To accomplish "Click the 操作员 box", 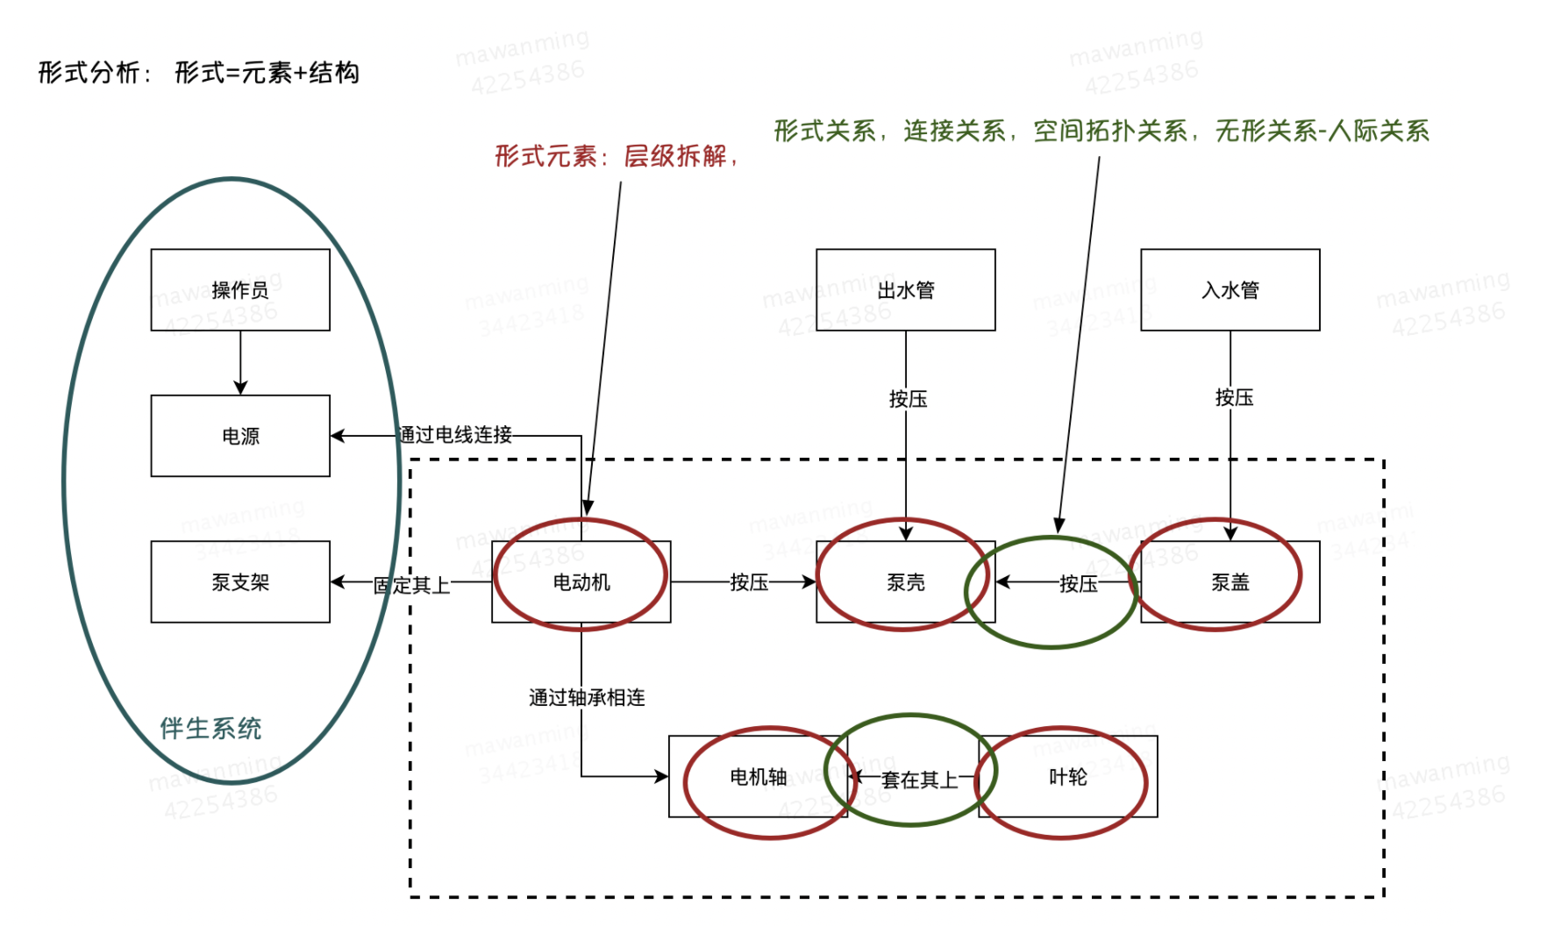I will [x=240, y=290].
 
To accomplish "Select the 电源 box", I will [x=240, y=436].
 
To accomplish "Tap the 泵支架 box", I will [x=240, y=582].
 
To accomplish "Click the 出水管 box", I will [x=906, y=290].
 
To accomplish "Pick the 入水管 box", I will [x=1230, y=290].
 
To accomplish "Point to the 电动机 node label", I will [x=581, y=582].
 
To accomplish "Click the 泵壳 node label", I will [x=906, y=582].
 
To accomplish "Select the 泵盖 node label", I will [x=1230, y=582].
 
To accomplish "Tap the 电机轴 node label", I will [x=759, y=777].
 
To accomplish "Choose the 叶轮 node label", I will [x=1068, y=777].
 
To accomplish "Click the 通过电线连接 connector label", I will [x=455, y=435].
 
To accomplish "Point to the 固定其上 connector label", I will [x=411, y=585].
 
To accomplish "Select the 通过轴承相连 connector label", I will [x=587, y=698].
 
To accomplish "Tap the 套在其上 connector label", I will [x=919, y=780].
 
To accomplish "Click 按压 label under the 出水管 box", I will [x=908, y=400].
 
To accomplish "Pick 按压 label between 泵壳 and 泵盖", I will [x=1078, y=584].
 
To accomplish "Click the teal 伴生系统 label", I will [x=210, y=729].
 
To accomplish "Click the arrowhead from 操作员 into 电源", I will [x=240, y=388].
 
